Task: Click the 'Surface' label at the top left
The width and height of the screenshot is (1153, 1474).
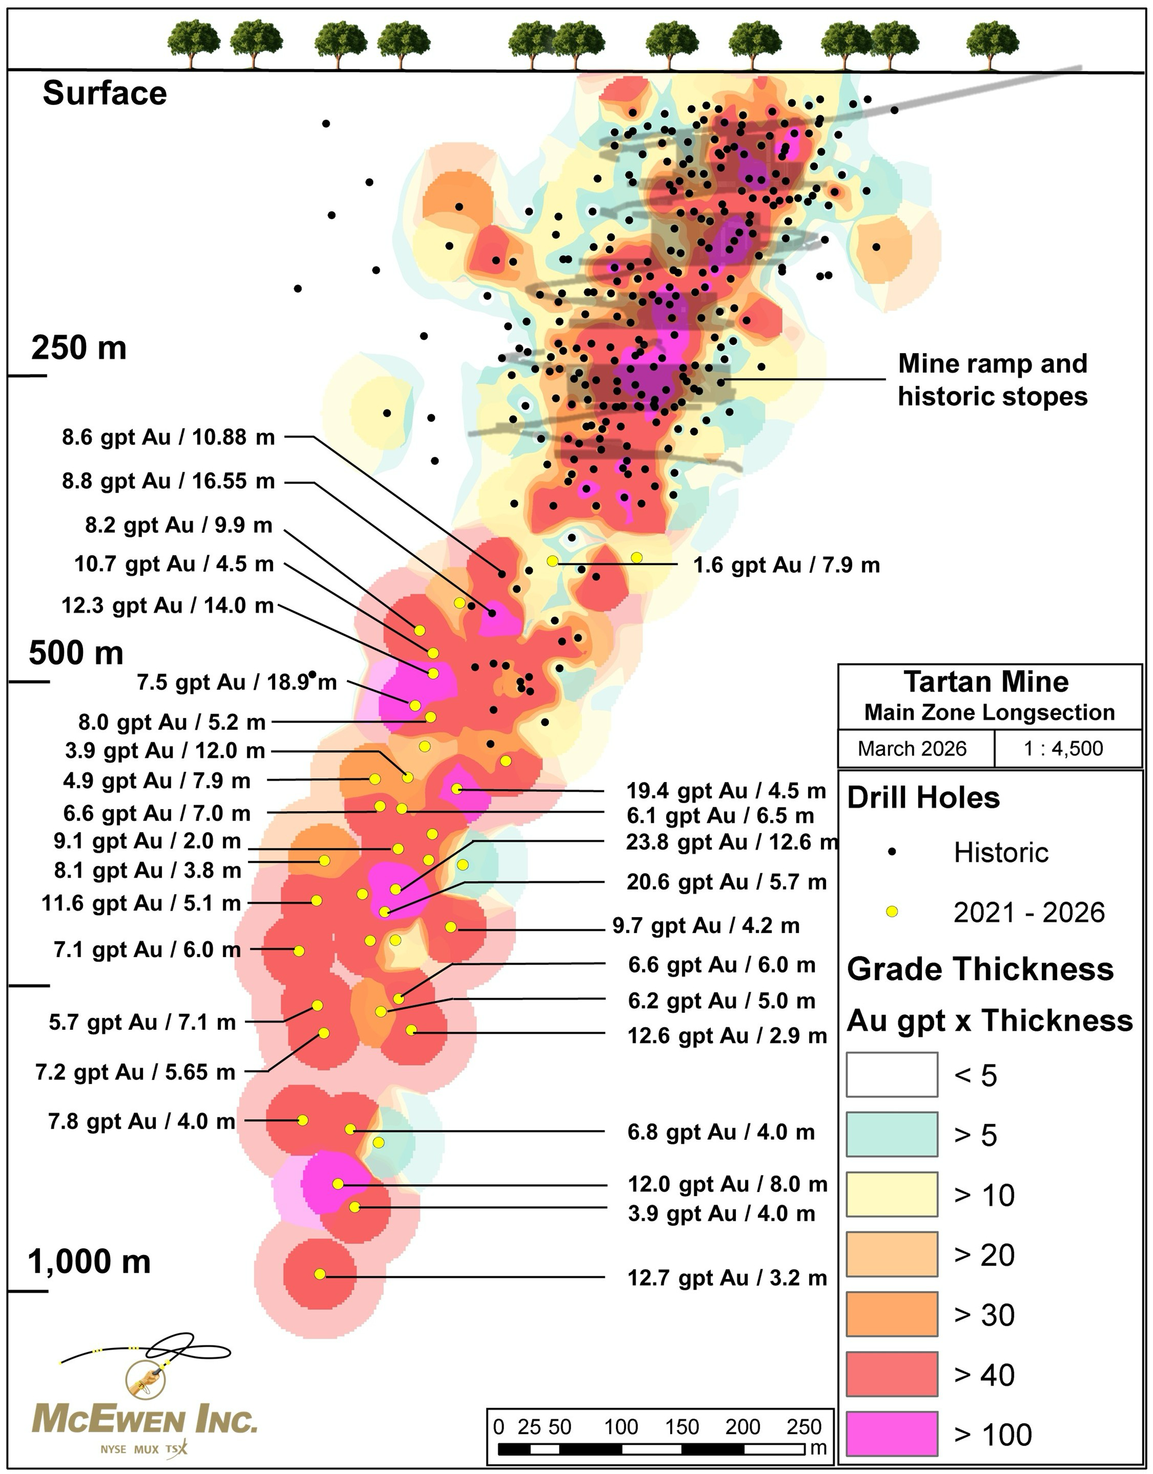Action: [x=105, y=93]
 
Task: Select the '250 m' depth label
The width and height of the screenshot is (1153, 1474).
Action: [x=79, y=348]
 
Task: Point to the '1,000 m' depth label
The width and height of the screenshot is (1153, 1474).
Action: [x=89, y=1262]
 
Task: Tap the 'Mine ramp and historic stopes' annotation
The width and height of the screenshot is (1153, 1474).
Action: [x=992, y=380]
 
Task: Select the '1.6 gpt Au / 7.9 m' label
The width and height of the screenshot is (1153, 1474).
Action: [x=786, y=565]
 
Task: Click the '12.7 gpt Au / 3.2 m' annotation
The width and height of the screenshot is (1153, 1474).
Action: [x=727, y=1278]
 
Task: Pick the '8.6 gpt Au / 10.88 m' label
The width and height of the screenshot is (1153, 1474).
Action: [x=169, y=437]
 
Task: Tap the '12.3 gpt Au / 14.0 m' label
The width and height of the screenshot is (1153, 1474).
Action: [x=168, y=605]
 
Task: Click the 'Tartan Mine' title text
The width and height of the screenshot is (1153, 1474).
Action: [x=986, y=682]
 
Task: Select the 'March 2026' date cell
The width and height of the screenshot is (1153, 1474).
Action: [x=912, y=749]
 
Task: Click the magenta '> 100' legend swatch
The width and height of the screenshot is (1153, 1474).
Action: [x=892, y=1433]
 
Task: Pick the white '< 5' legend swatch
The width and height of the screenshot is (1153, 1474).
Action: [x=892, y=1074]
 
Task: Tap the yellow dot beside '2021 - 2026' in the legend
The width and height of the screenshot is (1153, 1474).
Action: [x=892, y=912]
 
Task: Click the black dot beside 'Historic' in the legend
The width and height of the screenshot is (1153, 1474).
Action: [x=892, y=852]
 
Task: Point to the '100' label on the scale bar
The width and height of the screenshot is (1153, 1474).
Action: [x=621, y=1427]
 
